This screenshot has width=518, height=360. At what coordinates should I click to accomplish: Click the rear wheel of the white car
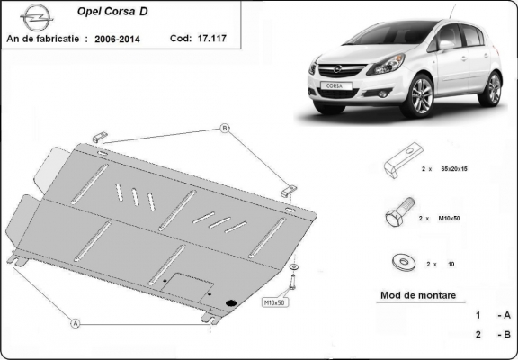pos(492,89)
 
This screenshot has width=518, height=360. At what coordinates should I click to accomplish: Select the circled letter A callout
pos(76,321)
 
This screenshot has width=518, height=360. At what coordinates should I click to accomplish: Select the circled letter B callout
pos(224,129)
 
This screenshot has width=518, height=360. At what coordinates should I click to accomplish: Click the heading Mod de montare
pos(419,295)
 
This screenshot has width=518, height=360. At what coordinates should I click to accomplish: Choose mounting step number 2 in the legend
pos(478,334)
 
